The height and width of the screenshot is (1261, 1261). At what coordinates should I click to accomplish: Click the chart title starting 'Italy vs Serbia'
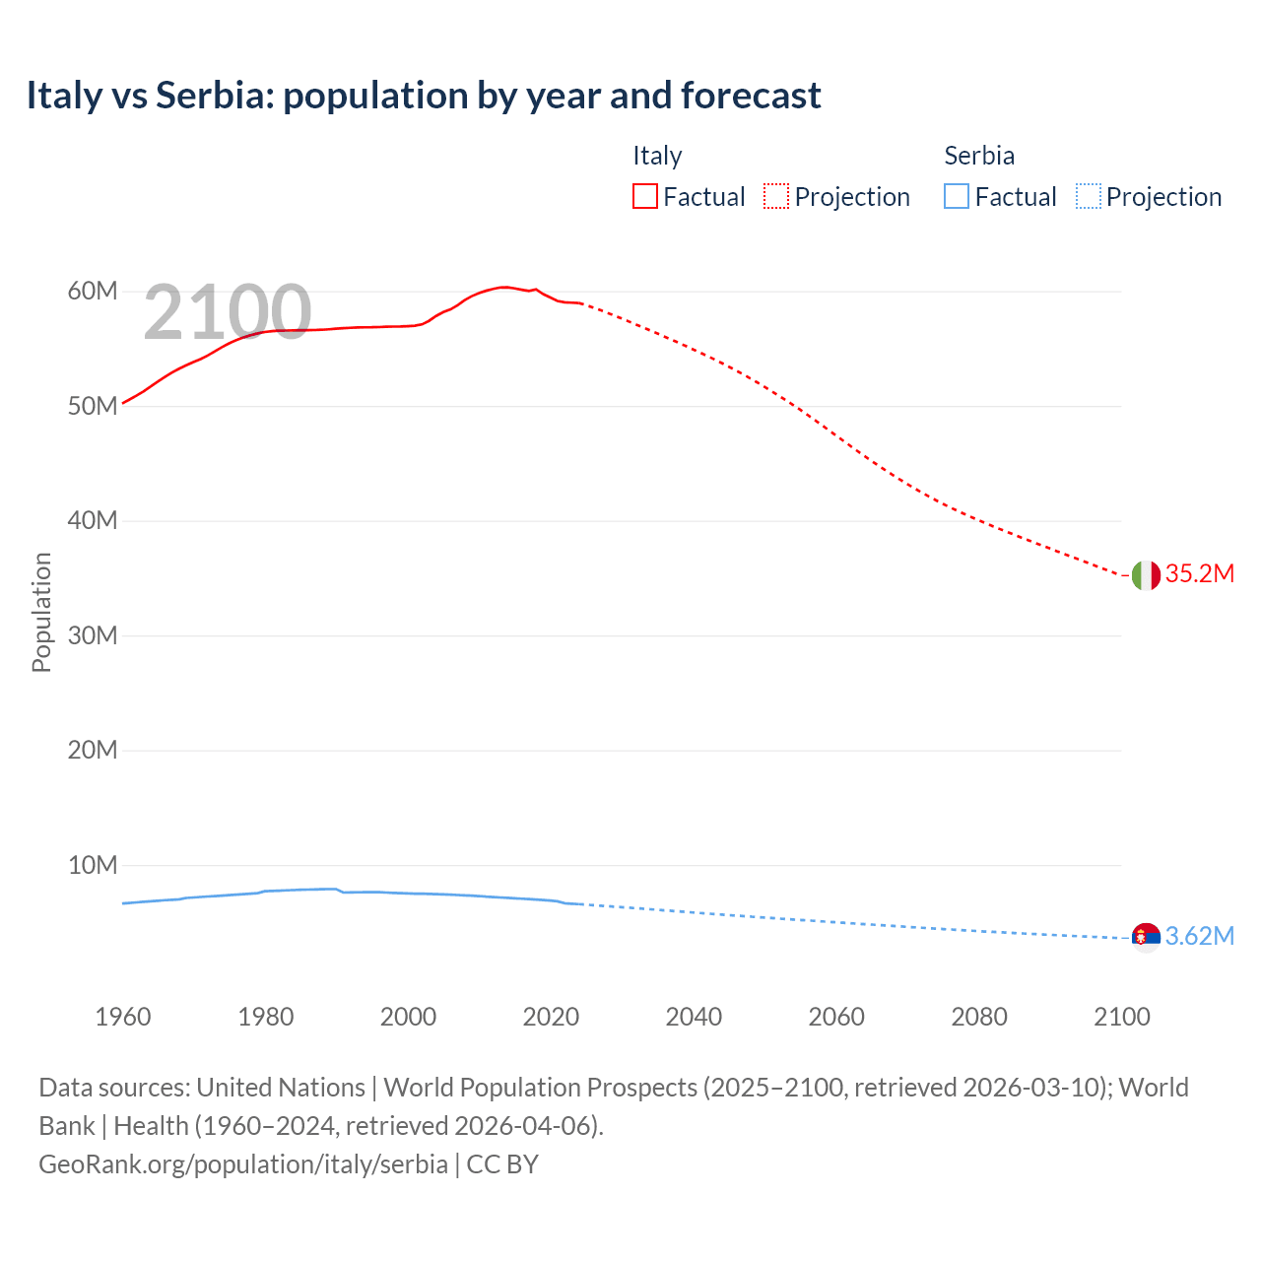[x=424, y=96]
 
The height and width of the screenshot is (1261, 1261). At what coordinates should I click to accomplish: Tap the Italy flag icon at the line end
[x=1146, y=575]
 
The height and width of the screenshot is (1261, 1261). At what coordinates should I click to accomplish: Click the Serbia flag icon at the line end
[x=1146, y=937]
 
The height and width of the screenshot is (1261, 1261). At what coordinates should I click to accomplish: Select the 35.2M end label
[x=1199, y=574]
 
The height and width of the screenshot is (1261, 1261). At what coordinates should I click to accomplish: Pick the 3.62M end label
[x=1199, y=936]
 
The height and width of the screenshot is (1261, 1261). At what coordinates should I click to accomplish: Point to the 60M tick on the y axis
[x=93, y=292]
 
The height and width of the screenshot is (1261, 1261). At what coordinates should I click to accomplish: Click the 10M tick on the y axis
[x=93, y=866]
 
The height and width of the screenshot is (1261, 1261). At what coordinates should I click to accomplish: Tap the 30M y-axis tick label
[x=93, y=636]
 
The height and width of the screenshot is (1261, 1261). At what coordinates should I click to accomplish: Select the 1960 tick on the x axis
[x=123, y=1017]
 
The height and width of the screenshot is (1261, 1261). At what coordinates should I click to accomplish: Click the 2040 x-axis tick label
[x=694, y=1017]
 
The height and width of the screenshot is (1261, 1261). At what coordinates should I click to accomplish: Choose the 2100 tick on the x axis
[x=1122, y=1017]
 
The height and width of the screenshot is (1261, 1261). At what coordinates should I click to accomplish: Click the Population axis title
[x=41, y=612]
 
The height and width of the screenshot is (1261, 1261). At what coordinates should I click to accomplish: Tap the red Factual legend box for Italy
[x=645, y=197]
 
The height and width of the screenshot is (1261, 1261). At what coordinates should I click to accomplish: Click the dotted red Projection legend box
[x=776, y=197]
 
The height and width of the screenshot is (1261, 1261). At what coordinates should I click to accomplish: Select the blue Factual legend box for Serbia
[x=957, y=197]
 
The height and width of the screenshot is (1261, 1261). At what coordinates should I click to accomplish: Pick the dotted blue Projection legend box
[x=1089, y=197]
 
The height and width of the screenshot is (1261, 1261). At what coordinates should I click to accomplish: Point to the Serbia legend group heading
[x=979, y=156]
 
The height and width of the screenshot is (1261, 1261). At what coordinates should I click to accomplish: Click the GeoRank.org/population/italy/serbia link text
[x=243, y=1164]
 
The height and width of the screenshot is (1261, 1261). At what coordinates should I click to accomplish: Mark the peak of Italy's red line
[x=503, y=287]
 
